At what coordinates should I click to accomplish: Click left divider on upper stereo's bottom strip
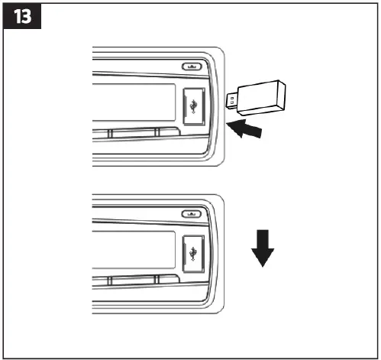point(108,133)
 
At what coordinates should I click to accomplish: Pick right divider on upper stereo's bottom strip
point(156,133)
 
